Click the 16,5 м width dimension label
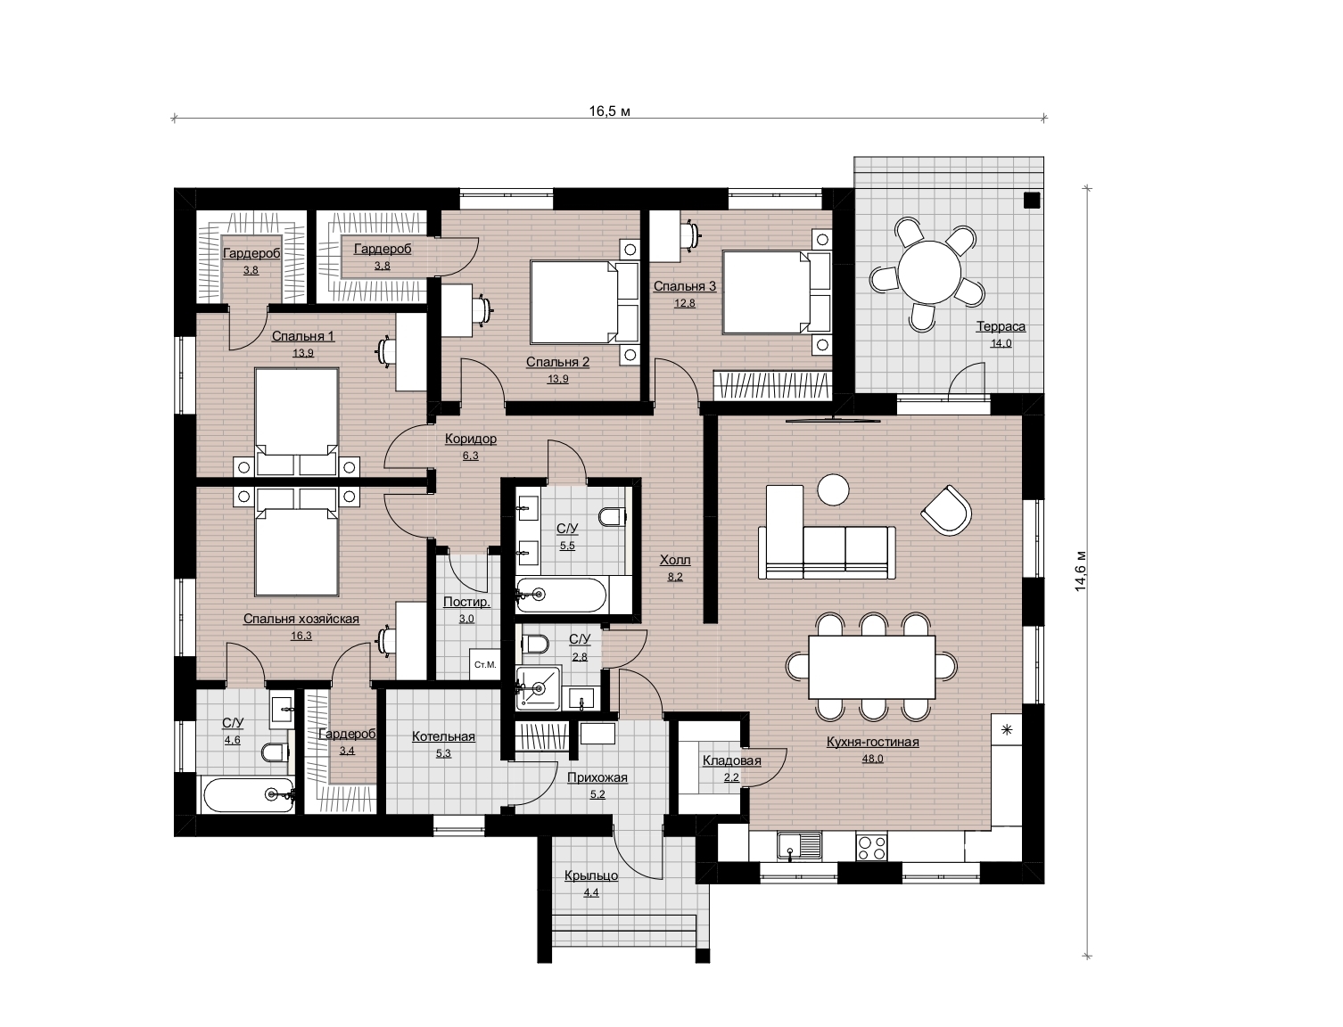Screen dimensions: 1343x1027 click(x=609, y=111)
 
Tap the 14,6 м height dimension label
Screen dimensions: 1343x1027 click(x=1081, y=570)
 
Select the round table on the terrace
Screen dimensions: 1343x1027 click(x=929, y=272)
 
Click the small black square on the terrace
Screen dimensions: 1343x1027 click(x=1032, y=200)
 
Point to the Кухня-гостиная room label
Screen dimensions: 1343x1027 click(x=872, y=742)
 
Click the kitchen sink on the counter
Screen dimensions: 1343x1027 click(x=799, y=847)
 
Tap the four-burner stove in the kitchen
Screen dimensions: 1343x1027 click(x=872, y=847)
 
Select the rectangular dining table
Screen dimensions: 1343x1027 click(x=872, y=667)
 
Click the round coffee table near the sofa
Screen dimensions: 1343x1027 click(x=833, y=490)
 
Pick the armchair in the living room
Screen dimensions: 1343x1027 click(x=946, y=510)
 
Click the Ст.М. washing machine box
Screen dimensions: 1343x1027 click(x=485, y=664)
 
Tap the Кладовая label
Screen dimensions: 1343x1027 click(x=732, y=761)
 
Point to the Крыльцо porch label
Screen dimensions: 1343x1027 click(x=591, y=876)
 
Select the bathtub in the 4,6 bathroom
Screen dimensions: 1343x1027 click(x=248, y=794)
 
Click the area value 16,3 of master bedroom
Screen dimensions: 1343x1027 click(x=301, y=636)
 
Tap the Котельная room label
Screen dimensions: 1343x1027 click(x=443, y=736)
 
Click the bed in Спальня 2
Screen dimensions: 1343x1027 click(x=584, y=302)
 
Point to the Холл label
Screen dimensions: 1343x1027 click(x=675, y=560)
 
